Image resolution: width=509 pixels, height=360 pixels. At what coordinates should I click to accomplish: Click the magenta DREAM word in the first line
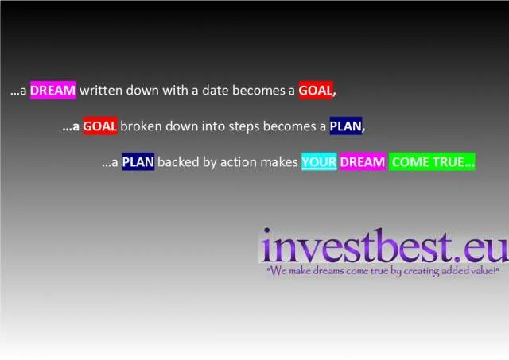[x=53, y=90]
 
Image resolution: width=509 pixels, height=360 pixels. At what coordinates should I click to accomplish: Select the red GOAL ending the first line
[x=316, y=90]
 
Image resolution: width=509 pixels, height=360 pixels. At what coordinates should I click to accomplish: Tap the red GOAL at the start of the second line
[x=100, y=126]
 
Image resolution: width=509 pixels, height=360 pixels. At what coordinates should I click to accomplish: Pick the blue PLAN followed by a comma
[x=346, y=126]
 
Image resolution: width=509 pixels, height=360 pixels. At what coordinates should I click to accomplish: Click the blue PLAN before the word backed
[x=138, y=161]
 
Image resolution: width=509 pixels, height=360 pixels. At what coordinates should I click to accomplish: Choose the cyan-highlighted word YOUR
[x=319, y=161]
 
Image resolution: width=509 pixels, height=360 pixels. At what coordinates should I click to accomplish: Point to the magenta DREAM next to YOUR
[x=363, y=161]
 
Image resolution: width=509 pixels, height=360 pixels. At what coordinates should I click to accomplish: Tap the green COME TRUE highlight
[x=432, y=161]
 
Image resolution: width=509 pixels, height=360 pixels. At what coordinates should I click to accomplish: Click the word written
[x=101, y=90]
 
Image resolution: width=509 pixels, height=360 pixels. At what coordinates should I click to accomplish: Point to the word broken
[x=141, y=126]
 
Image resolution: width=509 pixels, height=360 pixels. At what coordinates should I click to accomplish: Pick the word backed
[x=178, y=161]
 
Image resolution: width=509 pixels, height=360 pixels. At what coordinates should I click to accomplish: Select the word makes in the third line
[x=279, y=161]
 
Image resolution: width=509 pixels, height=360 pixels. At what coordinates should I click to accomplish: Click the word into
[x=213, y=126]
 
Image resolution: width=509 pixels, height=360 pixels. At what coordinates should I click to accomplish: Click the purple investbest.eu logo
[x=383, y=246]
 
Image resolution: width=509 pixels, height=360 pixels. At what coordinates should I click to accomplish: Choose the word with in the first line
[x=175, y=90]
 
